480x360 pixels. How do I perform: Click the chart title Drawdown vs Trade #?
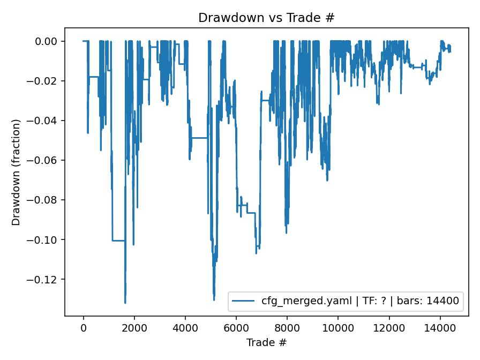[266, 17]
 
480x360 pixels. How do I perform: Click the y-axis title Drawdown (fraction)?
[17, 172]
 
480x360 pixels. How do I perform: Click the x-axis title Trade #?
[266, 342]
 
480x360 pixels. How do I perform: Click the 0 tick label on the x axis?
[84, 327]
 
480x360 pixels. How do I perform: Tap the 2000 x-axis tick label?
[134, 327]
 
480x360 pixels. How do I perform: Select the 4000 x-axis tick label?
[185, 327]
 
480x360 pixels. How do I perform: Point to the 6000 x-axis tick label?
[236, 327]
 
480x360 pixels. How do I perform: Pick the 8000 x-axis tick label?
[287, 327]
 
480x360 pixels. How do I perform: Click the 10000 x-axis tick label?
[338, 327]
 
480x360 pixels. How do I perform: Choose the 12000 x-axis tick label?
[389, 327]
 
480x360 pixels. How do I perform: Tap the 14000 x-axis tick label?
[440, 327]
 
